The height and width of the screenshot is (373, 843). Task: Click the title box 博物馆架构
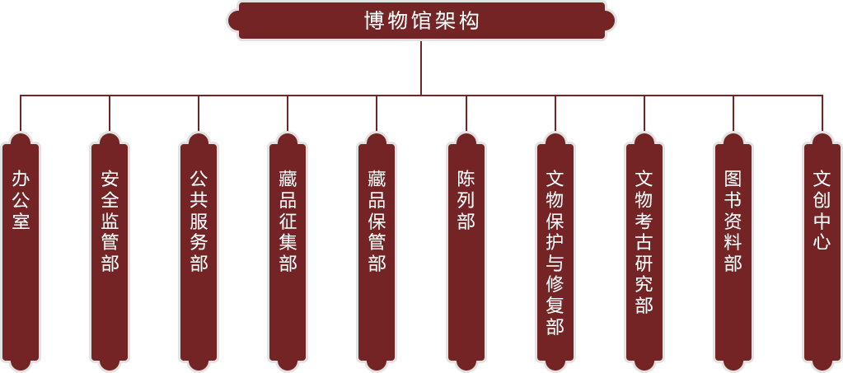[421, 21]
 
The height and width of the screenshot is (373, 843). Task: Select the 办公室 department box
[21, 247]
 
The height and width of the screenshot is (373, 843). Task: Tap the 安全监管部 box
[110, 247]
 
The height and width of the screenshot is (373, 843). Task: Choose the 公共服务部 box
[199, 247]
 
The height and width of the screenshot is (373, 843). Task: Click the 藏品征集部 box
[288, 247]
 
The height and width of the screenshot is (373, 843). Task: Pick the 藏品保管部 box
[377, 247]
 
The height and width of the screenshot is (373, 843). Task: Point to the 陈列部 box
[466, 247]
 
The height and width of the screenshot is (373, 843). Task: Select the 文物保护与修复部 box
[555, 247]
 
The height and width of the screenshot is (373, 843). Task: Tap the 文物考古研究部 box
[644, 247]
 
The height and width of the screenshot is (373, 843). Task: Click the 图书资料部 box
[733, 247]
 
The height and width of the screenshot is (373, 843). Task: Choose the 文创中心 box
[822, 247]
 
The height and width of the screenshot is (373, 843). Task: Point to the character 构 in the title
[470, 21]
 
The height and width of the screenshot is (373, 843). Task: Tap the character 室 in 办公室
[21, 221]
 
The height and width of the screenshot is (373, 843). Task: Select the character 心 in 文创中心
[822, 242]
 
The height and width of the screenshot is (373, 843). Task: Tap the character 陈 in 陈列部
[466, 179]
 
